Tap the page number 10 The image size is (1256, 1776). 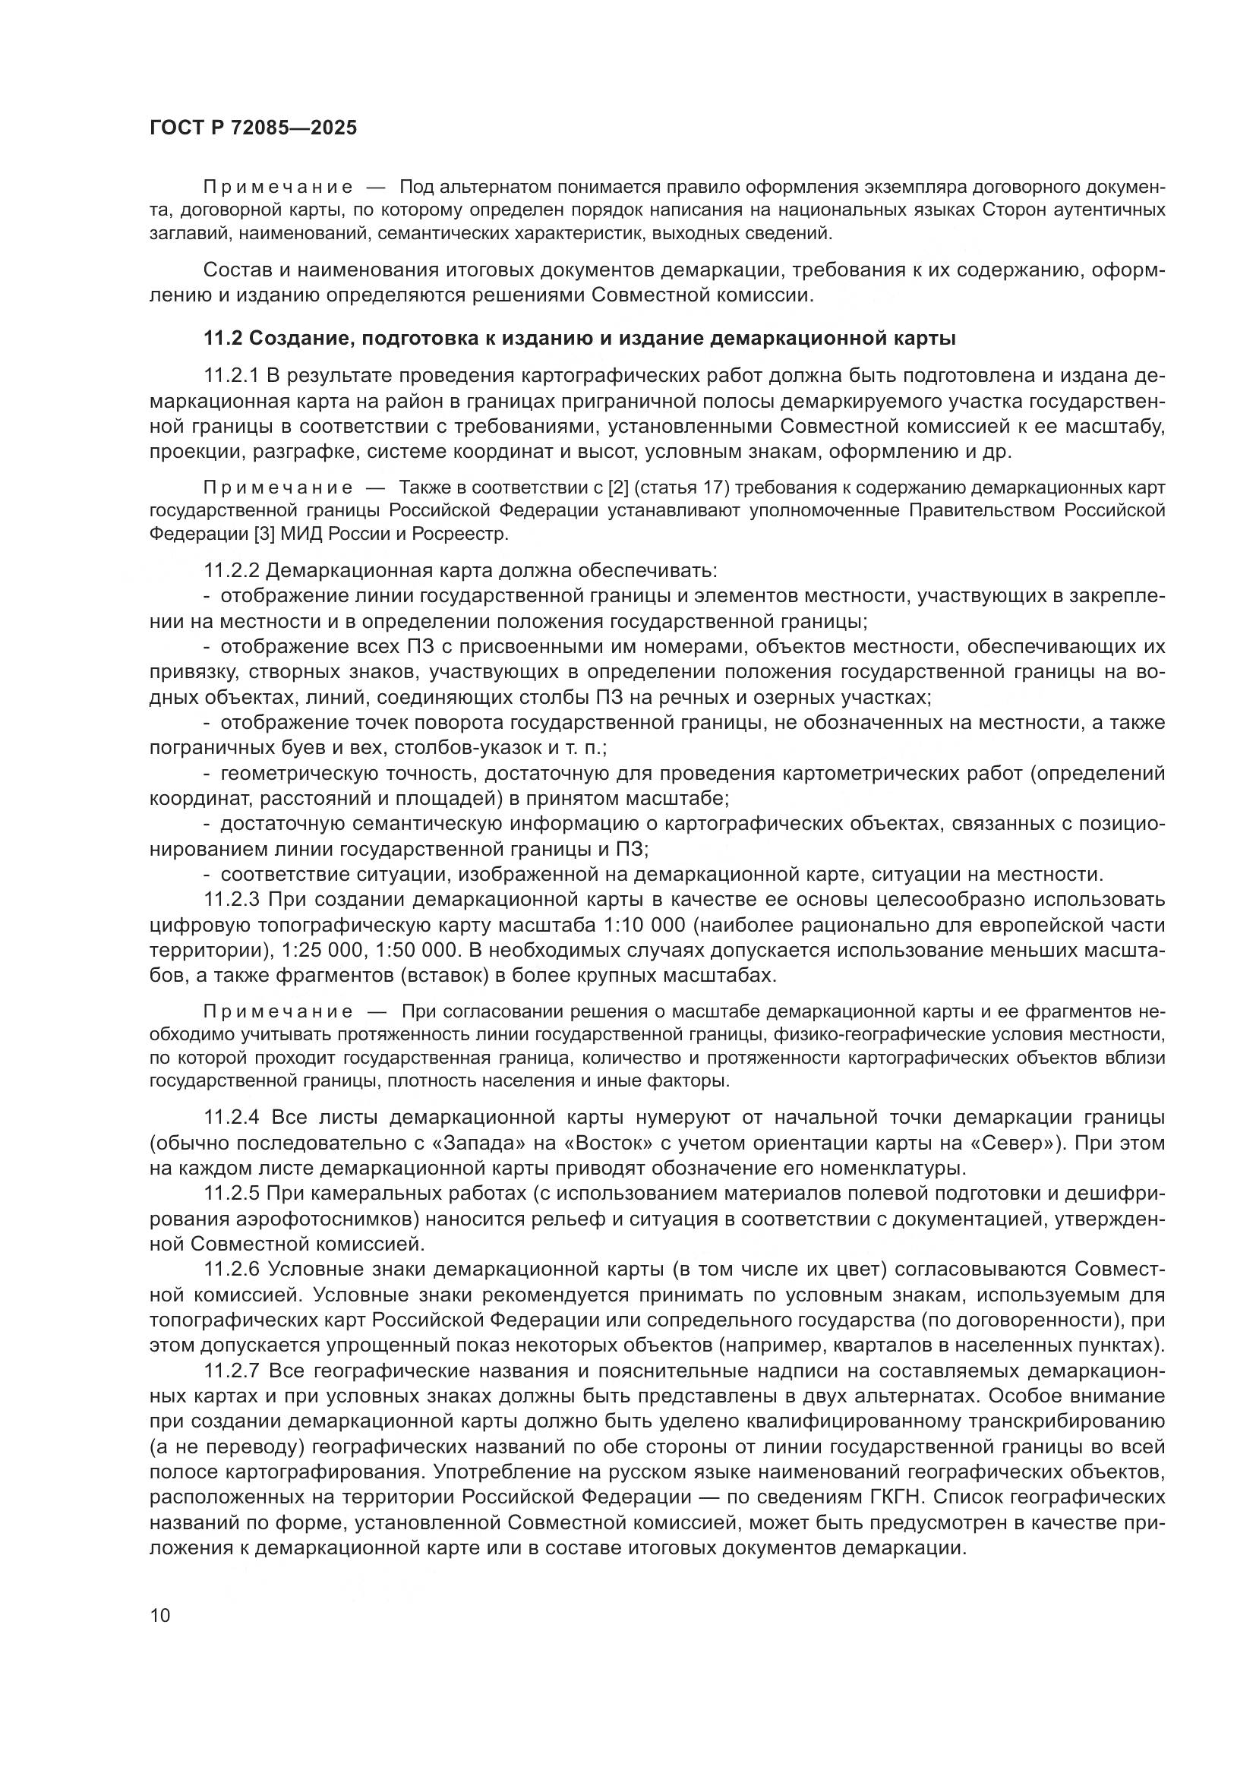160,1615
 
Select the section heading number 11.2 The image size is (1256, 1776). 222,339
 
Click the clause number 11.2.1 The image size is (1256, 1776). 232,377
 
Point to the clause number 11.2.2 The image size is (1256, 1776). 232,571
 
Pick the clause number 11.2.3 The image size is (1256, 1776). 232,901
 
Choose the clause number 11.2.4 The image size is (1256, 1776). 232,1118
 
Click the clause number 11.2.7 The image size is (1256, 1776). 232,1371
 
